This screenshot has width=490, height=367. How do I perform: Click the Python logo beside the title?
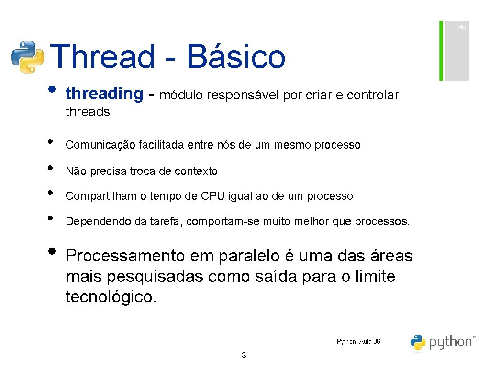28,57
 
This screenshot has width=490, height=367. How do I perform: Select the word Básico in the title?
236,56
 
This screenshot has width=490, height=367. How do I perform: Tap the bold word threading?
104,94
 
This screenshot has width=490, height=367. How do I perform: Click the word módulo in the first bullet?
182,96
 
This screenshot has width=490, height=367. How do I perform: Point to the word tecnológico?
111,297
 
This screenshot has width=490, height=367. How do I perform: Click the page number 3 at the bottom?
244,355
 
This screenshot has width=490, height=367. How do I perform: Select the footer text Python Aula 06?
358,341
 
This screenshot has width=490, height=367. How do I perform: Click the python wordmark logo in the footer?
442,342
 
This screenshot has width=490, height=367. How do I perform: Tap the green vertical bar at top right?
441,51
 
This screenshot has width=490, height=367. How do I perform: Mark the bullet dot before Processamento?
52,253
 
